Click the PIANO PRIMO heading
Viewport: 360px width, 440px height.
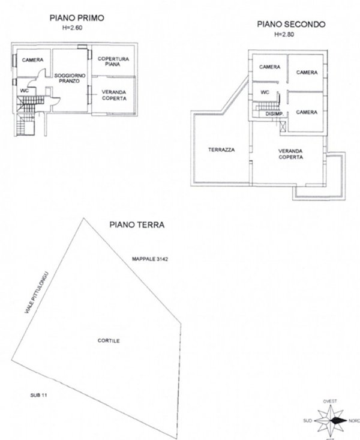click(x=77, y=18)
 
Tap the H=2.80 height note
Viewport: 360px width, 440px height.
click(x=284, y=34)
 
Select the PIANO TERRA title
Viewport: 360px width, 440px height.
click(x=137, y=225)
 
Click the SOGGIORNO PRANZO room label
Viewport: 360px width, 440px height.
click(x=70, y=78)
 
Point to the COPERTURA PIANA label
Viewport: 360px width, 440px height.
click(x=113, y=61)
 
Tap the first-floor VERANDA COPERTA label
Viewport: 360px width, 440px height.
click(x=114, y=95)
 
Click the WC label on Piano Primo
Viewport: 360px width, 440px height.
click(x=25, y=91)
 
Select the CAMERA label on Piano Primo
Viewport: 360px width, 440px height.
click(x=33, y=60)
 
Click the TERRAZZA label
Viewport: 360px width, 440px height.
click(x=221, y=150)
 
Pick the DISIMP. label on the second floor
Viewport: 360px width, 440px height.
click(x=274, y=114)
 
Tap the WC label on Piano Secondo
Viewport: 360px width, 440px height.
click(x=265, y=92)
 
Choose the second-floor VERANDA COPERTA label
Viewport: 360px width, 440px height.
click(x=290, y=154)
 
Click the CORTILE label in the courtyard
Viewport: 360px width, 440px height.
click(x=109, y=341)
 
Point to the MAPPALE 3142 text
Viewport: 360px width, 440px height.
click(x=150, y=259)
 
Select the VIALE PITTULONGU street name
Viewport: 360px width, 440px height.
click(x=37, y=292)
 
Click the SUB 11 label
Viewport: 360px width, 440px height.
click(x=38, y=395)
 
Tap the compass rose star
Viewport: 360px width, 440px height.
click(x=331, y=421)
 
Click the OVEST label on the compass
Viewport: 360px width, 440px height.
click(x=330, y=402)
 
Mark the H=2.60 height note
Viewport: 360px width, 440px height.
click(x=72, y=28)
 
